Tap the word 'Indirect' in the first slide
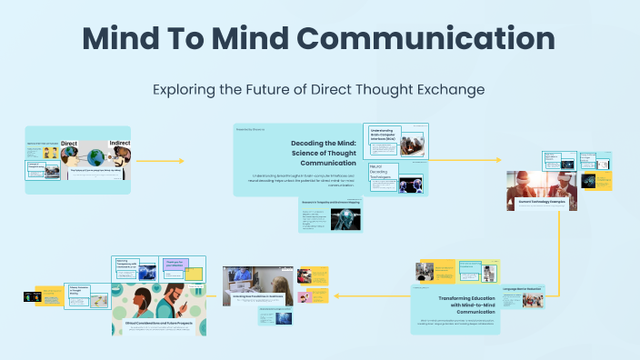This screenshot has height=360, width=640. pyautogui.click(x=120, y=143)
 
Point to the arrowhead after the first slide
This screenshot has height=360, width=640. pyautogui.click(x=180, y=161)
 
